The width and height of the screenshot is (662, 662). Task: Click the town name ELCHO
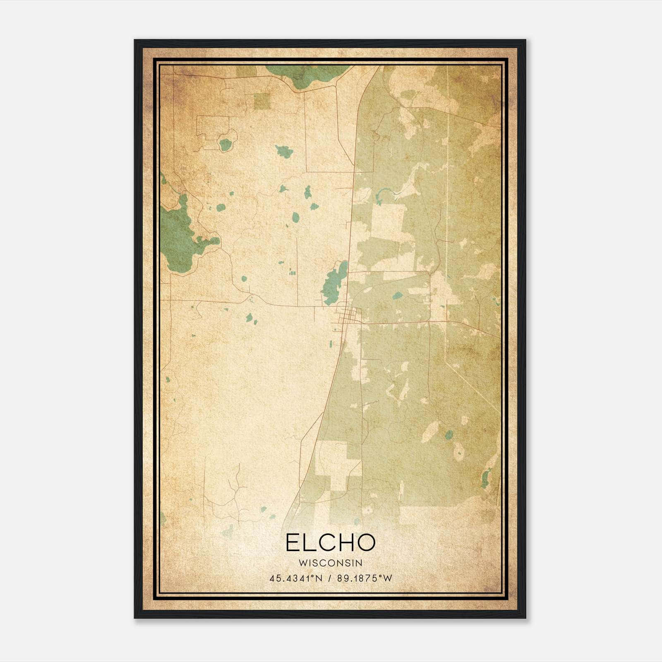tap(330, 542)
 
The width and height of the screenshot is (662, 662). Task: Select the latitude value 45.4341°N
tap(295, 578)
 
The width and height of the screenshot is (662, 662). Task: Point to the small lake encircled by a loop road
tap(225, 144)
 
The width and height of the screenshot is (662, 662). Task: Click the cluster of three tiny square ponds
tap(292, 272)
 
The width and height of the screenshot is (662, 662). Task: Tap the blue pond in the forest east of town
tap(397, 295)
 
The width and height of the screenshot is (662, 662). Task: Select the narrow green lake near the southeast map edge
tap(485, 479)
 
